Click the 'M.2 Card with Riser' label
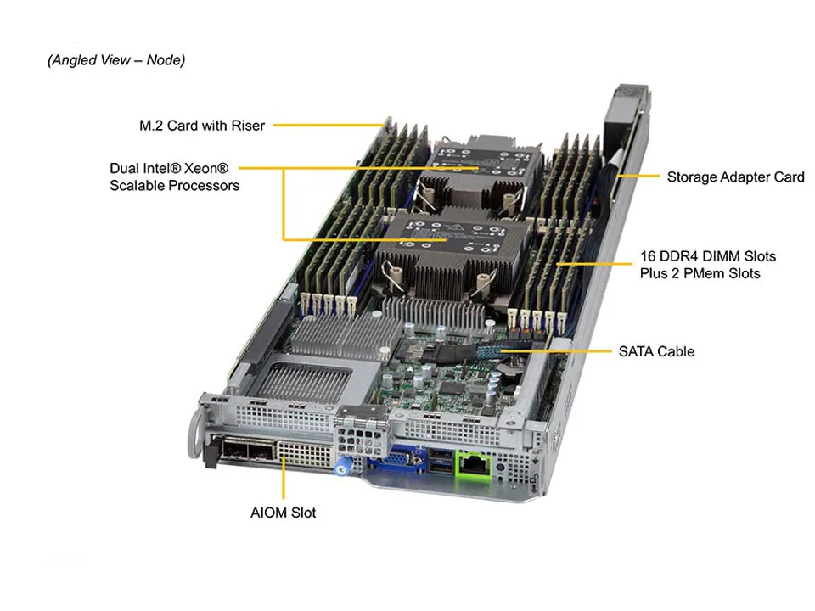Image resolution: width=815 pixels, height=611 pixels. [x=202, y=126]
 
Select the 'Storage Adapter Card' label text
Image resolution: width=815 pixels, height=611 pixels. [x=735, y=177]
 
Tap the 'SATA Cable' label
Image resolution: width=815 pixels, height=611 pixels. [x=656, y=351]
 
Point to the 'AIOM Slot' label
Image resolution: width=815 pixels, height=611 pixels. [x=283, y=513]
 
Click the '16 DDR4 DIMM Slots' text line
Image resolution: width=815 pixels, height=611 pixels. [x=707, y=255]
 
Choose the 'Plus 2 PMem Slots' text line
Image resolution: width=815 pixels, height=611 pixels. [x=700, y=273]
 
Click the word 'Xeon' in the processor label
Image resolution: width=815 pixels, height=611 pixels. [x=211, y=168]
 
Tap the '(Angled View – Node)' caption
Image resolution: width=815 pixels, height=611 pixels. [x=116, y=60]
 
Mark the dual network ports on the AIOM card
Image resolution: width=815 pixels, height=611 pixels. [x=245, y=450]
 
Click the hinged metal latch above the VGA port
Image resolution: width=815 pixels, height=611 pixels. [x=363, y=424]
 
